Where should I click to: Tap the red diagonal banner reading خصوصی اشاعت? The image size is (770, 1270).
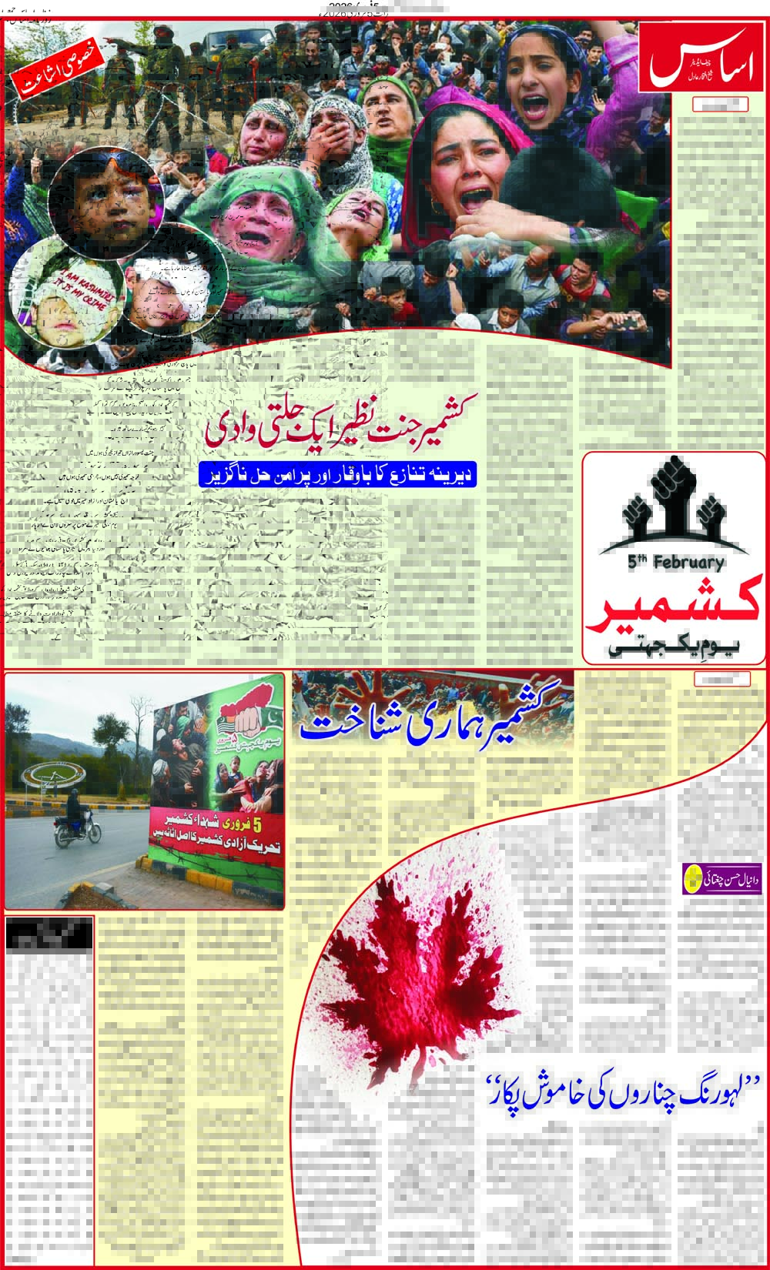click(x=58, y=61)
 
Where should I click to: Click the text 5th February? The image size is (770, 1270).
click(x=675, y=563)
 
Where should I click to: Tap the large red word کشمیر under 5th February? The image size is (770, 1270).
click(x=675, y=604)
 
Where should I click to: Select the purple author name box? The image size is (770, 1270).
click(x=721, y=878)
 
